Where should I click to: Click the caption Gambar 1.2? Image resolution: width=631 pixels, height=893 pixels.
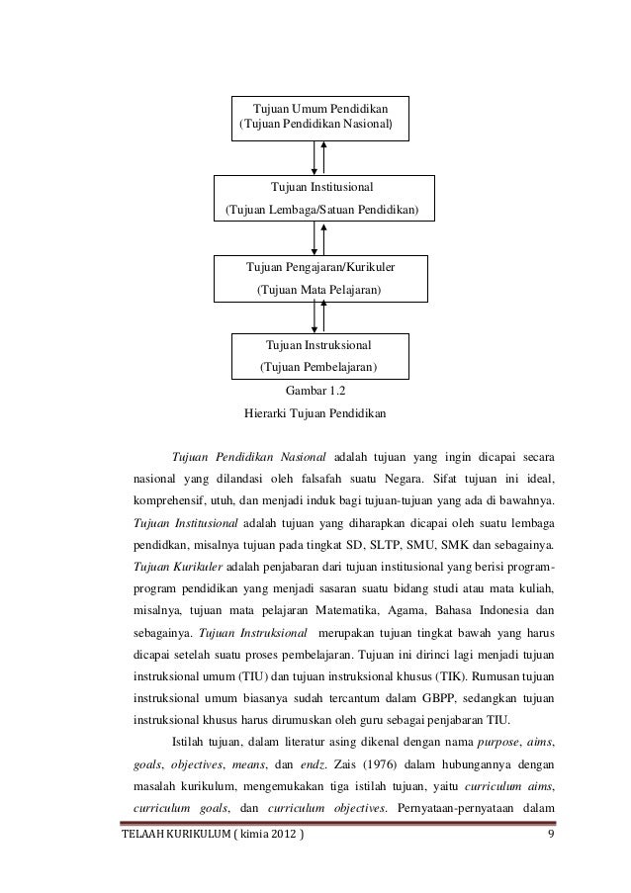(x=315, y=391)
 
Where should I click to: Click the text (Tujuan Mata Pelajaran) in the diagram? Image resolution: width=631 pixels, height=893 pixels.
(x=318, y=291)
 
